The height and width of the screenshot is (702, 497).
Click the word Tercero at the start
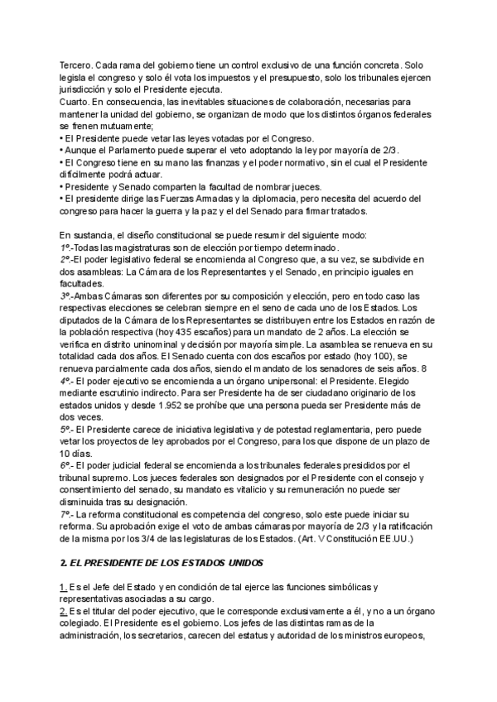(x=76, y=65)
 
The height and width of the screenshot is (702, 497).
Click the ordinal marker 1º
(x=65, y=248)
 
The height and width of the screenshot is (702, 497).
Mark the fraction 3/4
(x=172, y=540)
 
